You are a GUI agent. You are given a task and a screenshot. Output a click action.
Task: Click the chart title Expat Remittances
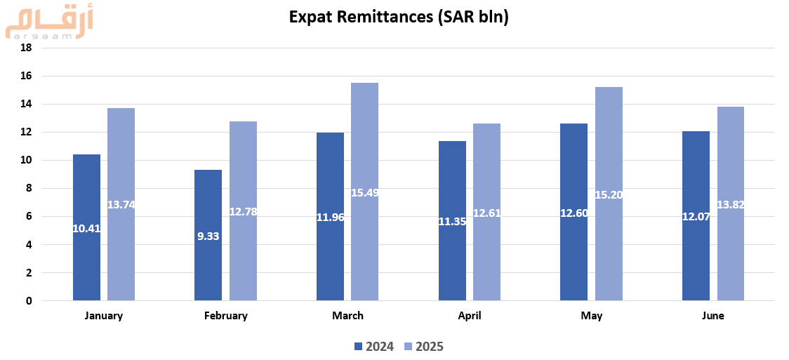click(x=399, y=18)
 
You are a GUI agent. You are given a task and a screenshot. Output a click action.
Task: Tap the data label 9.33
click(x=208, y=236)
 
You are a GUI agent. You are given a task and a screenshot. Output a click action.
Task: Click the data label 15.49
click(x=364, y=192)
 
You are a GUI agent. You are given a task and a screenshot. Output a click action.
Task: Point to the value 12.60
click(x=574, y=213)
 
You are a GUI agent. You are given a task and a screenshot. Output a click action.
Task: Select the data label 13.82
click(x=730, y=204)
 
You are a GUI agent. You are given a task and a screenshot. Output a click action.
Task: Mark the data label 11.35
click(x=453, y=222)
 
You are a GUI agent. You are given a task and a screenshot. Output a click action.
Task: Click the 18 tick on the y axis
click(x=27, y=48)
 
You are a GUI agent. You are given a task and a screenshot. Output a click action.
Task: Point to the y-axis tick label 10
click(x=27, y=160)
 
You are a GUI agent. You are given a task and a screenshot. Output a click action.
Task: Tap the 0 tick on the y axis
click(x=29, y=301)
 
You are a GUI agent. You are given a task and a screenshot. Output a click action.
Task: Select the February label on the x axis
click(x=226, y=316)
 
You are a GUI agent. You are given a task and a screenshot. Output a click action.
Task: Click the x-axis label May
click(x=592, y=316)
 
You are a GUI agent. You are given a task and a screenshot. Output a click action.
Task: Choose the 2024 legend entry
click(x=374, y=346)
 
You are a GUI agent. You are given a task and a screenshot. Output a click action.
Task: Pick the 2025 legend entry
click(x=424, y=346)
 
